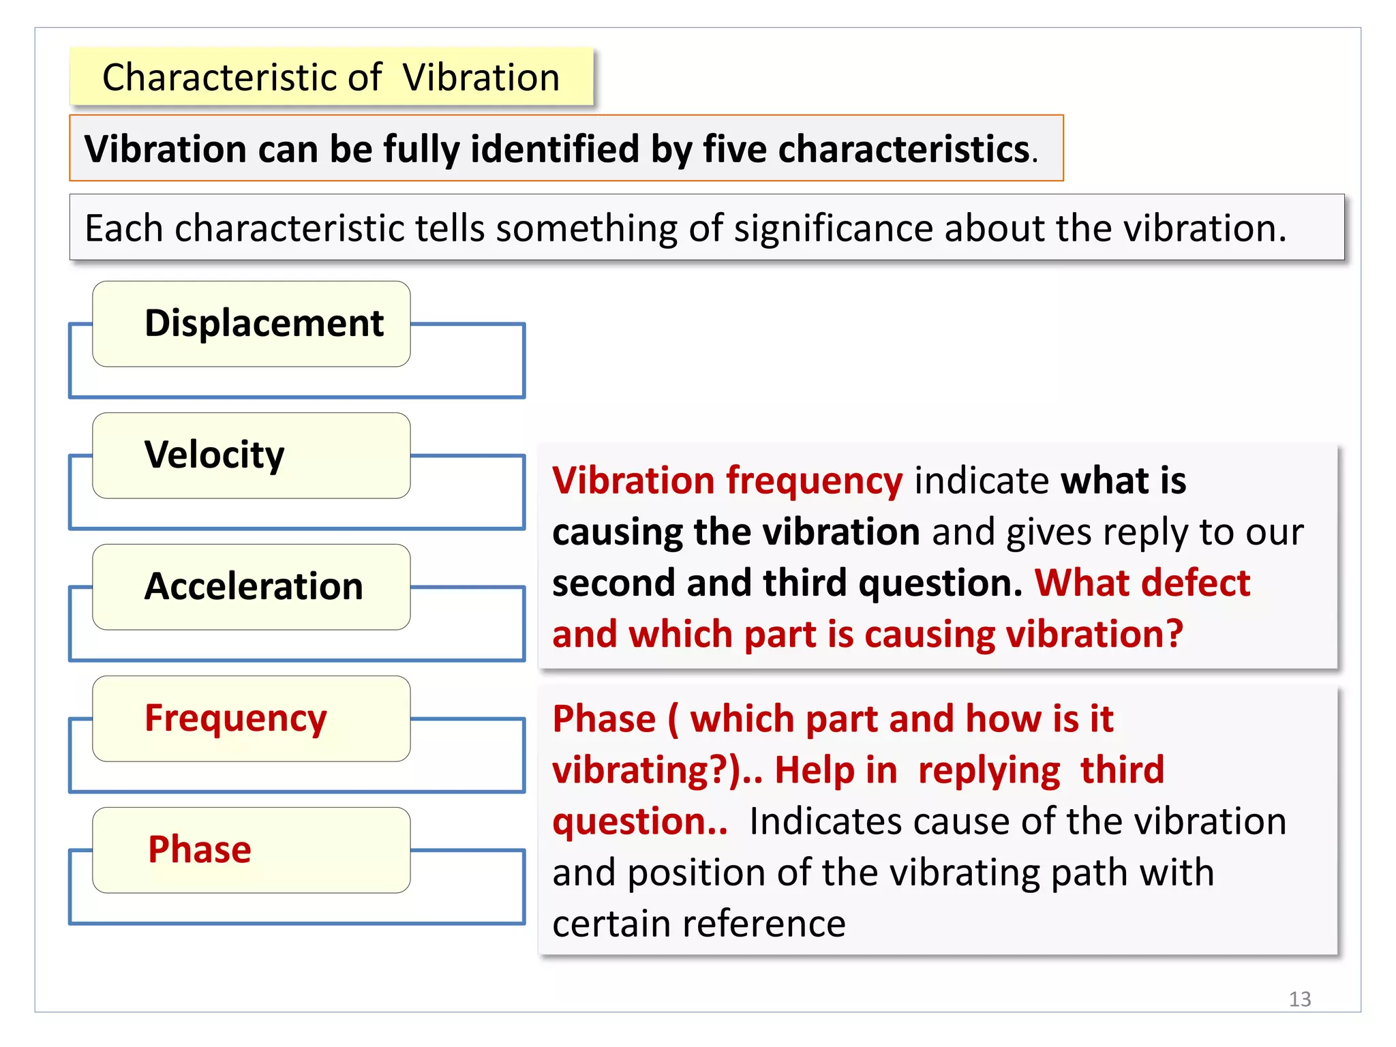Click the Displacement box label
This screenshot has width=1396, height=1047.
264,323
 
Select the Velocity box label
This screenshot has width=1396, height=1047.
214,455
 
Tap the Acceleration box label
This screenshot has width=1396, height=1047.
254,586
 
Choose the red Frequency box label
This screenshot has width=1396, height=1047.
236,718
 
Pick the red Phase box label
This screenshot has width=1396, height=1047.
200,849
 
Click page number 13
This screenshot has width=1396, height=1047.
1299,999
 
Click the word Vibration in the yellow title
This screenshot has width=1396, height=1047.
481,77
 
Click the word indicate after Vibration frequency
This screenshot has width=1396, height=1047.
982,481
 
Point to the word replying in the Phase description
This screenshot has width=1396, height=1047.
988,770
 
